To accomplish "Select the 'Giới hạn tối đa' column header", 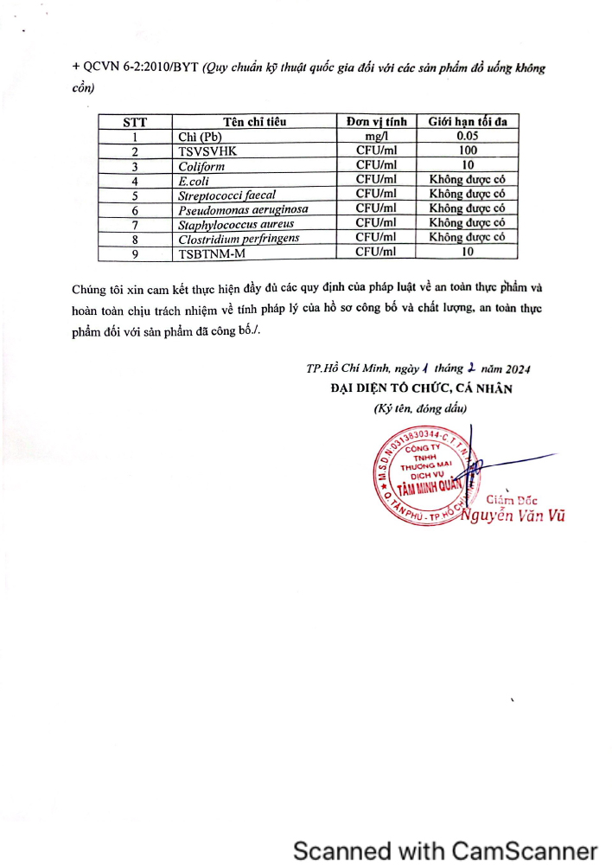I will coord(468,122).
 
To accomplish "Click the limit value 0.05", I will coord(468,137).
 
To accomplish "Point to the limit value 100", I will coord(468,151).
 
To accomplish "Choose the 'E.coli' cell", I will coord(194,181).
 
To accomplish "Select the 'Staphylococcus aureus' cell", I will coord(236,224).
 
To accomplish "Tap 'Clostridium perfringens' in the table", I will coord(239,238).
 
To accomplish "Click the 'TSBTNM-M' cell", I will coord(212,253).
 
